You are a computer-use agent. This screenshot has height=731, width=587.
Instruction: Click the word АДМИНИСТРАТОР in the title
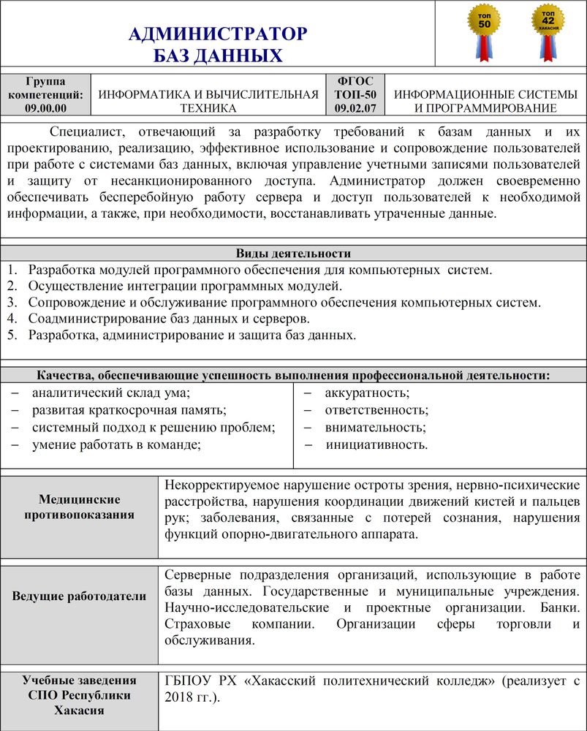click(218, 34)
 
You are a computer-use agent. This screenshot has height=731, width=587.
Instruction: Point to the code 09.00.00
click(45, 108)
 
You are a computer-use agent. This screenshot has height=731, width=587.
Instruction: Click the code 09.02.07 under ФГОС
click(355, 108)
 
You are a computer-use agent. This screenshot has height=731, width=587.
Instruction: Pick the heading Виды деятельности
click(293, 254)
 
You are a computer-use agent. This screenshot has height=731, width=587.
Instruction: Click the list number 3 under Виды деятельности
click(12, 302)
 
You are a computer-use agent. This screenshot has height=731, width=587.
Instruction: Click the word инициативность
click(376, 444)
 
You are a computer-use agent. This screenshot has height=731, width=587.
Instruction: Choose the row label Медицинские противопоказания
click(80, 507)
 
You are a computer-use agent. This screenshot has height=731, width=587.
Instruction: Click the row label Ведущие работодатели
click(80, 596)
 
